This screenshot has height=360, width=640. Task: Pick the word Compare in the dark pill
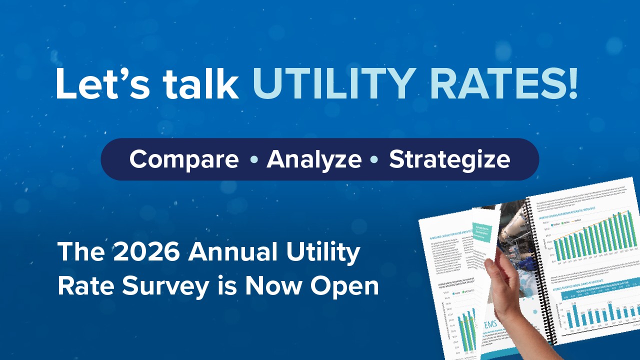[x=184, y=159]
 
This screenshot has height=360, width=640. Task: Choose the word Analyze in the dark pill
[x=314, y=159]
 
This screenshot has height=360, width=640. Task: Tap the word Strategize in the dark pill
[x=449, y=159]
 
